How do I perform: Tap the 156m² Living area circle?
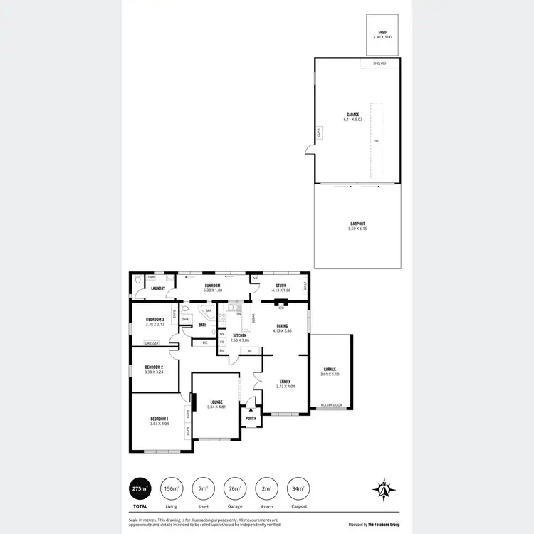click(x=172, y=488)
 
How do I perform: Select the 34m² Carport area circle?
click(x=297, y=488)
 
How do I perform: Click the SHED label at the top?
click(x=382, y=32)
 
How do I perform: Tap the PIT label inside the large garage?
click(x=377, y=141)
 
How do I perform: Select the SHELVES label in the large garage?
click(x=379, y=63)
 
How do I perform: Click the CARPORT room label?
click(x=358, y=224)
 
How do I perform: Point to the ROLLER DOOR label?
click(x=331, y=405)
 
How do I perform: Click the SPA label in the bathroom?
click(x=209, y=311)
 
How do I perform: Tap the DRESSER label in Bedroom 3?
click(x=151, y=343)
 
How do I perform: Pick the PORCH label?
click(x=251, y=418)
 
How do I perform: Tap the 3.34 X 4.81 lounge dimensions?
click(x=216, y=407)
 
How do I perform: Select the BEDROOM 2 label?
click(x=155, y=367)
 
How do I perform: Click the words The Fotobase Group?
click(x=384, y=524)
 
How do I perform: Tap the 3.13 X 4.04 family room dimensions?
click(x=286, y=387)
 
